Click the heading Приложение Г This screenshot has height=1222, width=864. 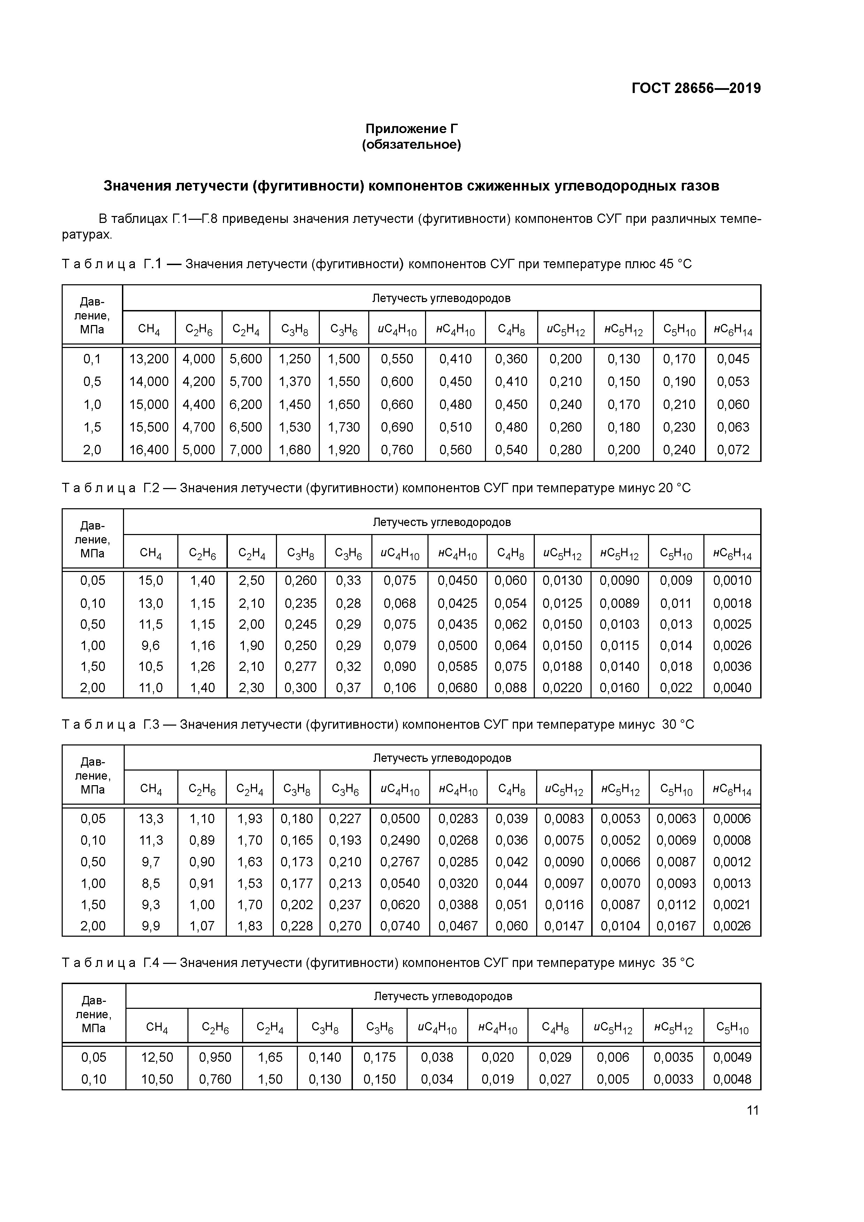(411, 129)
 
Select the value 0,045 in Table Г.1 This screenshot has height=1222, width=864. (733, 359)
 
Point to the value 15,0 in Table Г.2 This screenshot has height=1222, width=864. (150, 581)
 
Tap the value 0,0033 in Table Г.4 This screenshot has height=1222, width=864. (673, 1080)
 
